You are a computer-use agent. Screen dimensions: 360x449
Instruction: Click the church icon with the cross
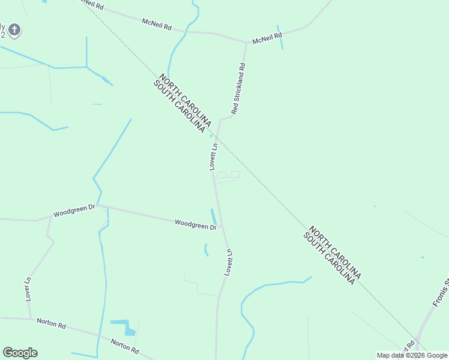[x=14, y=29]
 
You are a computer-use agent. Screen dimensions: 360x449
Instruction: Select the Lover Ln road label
[x=28, y=289]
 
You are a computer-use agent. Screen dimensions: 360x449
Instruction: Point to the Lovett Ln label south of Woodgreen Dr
[x=229, y=262]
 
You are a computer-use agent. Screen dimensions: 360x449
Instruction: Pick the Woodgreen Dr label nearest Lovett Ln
[x=195, y=224]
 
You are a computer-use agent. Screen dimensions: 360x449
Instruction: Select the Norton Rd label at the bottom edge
[x=125, y=346]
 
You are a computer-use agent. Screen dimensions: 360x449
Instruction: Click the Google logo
[x=20, y=353]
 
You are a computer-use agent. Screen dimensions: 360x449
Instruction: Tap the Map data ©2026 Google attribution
[x=412, y=355]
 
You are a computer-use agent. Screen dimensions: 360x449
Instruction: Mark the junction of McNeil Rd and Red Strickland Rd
[x=246, y=43]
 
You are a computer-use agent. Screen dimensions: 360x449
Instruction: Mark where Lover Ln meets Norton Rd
[x=30, y=319]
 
